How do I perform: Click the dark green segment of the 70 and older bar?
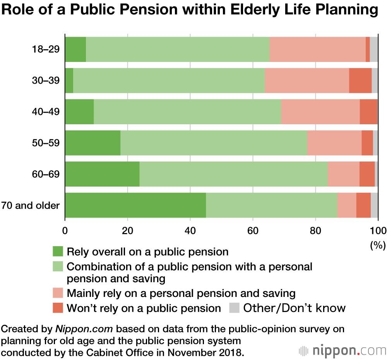click(x=135, y=205)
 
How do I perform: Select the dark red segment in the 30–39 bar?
click(x=360, y=81)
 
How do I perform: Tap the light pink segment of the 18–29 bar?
click(x=317, y=49)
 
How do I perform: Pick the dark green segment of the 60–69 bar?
click(x=102, y=174)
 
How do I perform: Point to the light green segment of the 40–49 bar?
click(x=187, y=111)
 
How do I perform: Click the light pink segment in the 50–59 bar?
click(x=334, y=143)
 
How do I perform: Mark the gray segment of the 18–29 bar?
click(x=374, y=49)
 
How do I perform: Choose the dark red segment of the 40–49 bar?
click(x=368, y=111)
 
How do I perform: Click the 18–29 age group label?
click(x=46, y=49)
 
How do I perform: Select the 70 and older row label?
click(x=31, y=205)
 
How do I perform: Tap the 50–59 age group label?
click(x=46, y=143)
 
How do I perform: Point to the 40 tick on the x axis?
click(x=190, y=231)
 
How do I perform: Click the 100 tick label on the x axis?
click(x=378, y=231)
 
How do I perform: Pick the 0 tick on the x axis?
click(x=65, y=231)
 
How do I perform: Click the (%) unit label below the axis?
click(x=378, y=245)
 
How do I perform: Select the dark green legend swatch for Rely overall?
click(x=58, y=252)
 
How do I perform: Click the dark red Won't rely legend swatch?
click(x=58, y=308)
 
